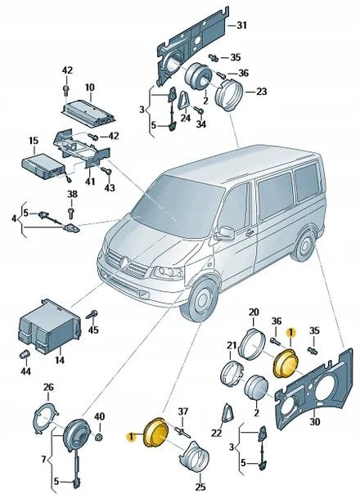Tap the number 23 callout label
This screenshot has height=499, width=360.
coord(261,91)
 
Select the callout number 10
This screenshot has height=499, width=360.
coord(89,86)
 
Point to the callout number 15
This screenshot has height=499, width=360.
coord(34,141)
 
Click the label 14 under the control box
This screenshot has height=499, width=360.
coord(58,358)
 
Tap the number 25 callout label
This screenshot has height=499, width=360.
coord(201,488)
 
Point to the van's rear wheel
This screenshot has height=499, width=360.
coord(306,248)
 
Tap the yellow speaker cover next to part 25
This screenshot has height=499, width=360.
coord(155,433)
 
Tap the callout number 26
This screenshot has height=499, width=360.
coord(47,387)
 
